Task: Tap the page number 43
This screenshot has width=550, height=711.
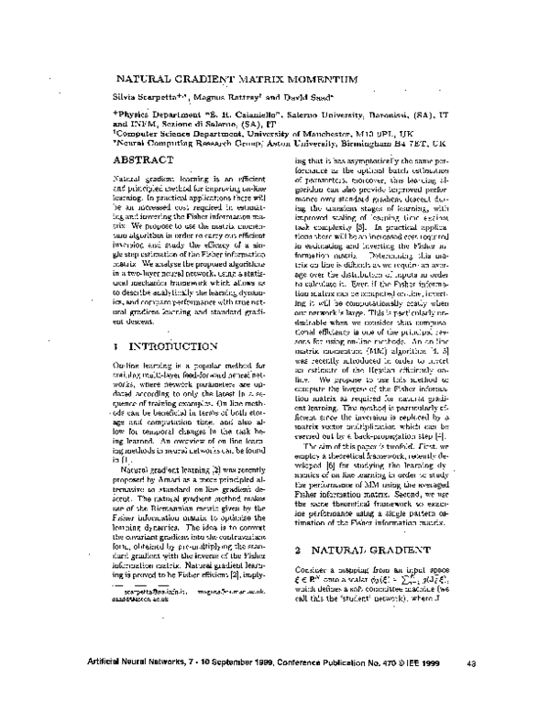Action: pos(470,663)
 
